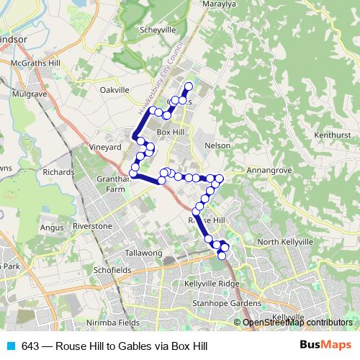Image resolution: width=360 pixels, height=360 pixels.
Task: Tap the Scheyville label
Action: pyautogui.click(x=158, y=31)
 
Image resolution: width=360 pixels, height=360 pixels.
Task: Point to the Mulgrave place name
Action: pyautogui.click(x=30, y=93)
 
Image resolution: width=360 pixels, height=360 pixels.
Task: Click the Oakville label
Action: pyautogui.click(x=114, y=90)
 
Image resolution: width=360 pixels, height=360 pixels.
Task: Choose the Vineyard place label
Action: pyautogui.click(x=104, y=147)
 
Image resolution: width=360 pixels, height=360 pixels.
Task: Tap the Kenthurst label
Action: pyautogui.click(x=332, y=135)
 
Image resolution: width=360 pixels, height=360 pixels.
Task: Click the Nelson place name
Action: pyautogui.click(x=217, y=145)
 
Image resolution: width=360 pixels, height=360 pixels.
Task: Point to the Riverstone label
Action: pyautogui.click(x=94, y=226)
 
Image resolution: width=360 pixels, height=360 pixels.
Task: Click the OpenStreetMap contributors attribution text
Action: pyautogui.click(x=297, y=323)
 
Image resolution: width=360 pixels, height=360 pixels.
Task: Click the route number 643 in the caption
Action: pyautogui.click(x=30, y=346)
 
